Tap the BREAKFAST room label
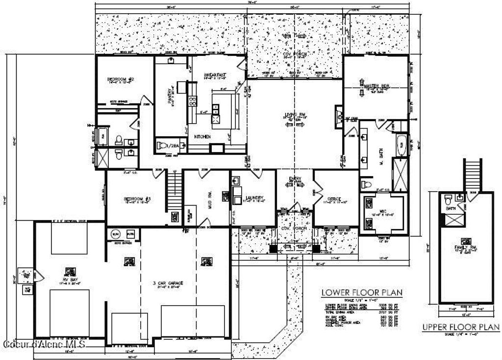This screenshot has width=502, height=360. tap(214, 75)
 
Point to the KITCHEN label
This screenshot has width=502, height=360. tap(202, 136)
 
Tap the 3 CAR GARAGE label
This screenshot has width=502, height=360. tap(168, 283)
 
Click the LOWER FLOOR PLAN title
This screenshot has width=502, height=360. tap(362, 293)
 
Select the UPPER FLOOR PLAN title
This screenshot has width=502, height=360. tap(461, 327)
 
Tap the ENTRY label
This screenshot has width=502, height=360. tap(295, 179)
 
